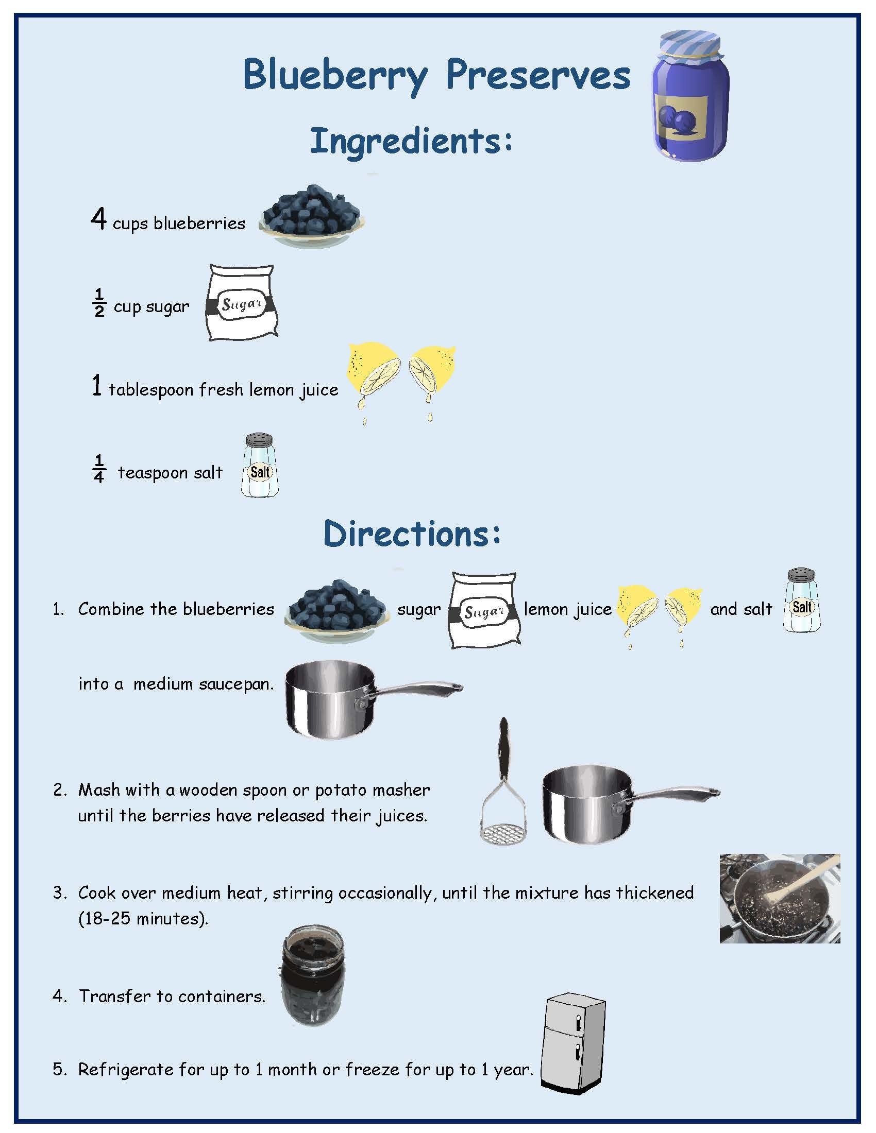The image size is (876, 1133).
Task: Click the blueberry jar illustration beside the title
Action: [689, 96]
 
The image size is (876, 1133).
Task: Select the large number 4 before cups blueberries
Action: [98, 219]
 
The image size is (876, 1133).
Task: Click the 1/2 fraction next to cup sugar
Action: [99, 303]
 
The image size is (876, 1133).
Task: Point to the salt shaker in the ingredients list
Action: [260, 466]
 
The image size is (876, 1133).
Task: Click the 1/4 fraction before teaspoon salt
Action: [99, 469]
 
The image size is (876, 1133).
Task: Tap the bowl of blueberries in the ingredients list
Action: [311, 216]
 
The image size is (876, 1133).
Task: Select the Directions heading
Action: [412, 534]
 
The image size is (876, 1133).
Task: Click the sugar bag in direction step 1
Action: [484, 610]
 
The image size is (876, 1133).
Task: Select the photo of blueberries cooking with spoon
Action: [780, 899]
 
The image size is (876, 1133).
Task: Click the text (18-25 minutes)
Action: [143, 919]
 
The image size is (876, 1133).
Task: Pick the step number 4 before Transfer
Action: [60, 996]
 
